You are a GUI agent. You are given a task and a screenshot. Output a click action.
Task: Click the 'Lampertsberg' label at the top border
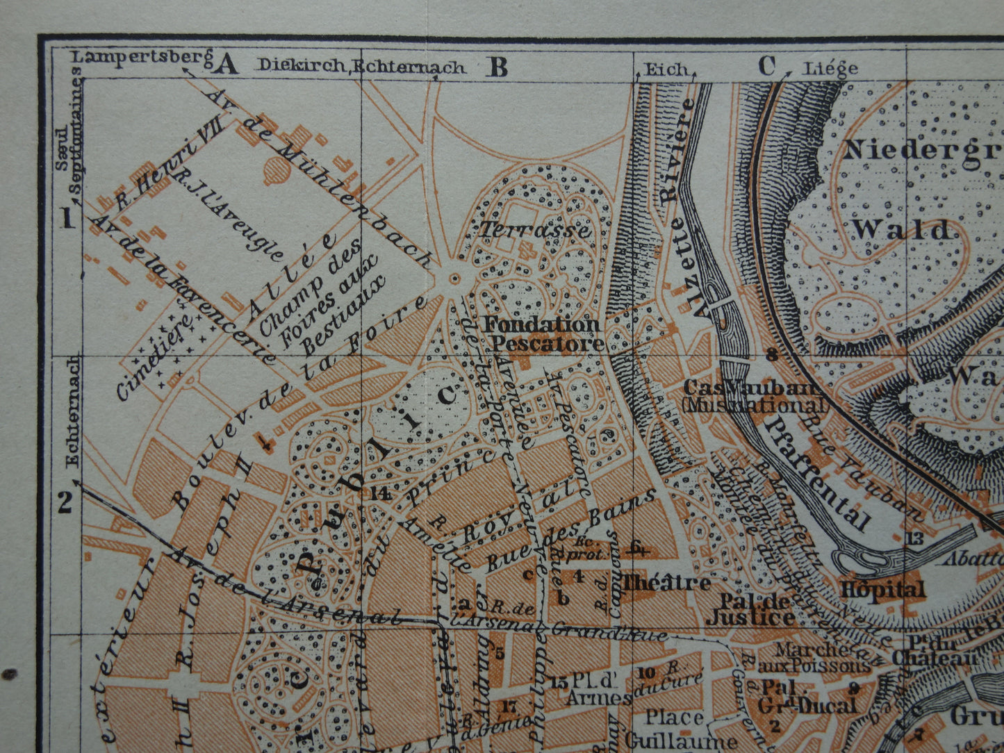click(x=142, y=58)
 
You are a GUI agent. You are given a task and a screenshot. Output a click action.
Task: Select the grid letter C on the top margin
click(x=766, y=67)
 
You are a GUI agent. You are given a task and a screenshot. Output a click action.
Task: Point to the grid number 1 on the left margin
click(x=67, y=220)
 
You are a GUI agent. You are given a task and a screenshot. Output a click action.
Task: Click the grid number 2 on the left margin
click(x=65, y=502)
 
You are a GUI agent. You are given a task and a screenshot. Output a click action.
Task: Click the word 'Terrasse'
click(x=534, y=230)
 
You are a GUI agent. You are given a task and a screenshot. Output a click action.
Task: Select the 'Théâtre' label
click(x=666, y=583)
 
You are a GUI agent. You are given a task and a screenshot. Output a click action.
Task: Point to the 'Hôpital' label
click(x=882, y=590)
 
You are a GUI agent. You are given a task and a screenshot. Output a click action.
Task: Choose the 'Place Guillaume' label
click(x=680, y=728)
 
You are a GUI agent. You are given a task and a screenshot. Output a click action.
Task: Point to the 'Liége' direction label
click(x=830, y=69)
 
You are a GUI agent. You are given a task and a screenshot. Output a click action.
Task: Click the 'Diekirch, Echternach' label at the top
click(x=361, y=67)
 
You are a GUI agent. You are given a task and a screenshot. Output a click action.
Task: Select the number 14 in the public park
click(x=381, y=493)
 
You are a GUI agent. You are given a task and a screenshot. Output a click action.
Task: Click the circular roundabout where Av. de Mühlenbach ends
click(x=454, y=279)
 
